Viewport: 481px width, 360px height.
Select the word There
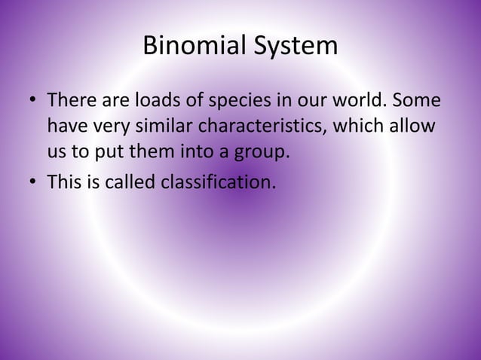(x=69, y=100)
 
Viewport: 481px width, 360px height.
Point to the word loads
(x=154, y=100)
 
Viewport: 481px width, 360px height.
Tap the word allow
(x=413, y=126)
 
